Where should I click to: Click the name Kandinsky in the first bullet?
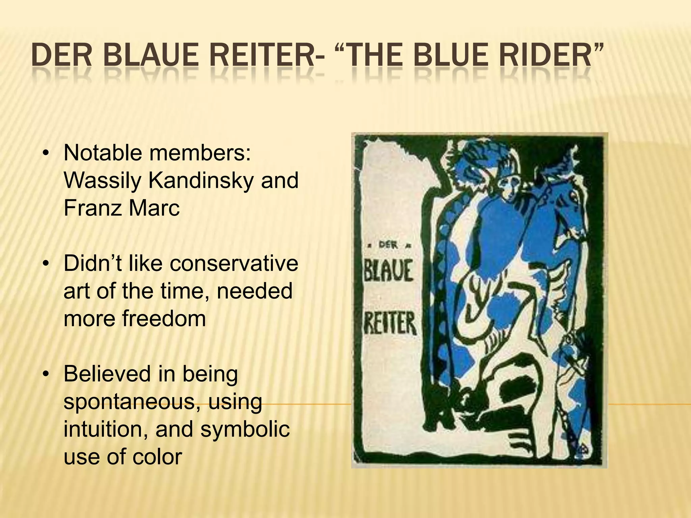pos(201,180)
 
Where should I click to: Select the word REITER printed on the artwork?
pos(390,324)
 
